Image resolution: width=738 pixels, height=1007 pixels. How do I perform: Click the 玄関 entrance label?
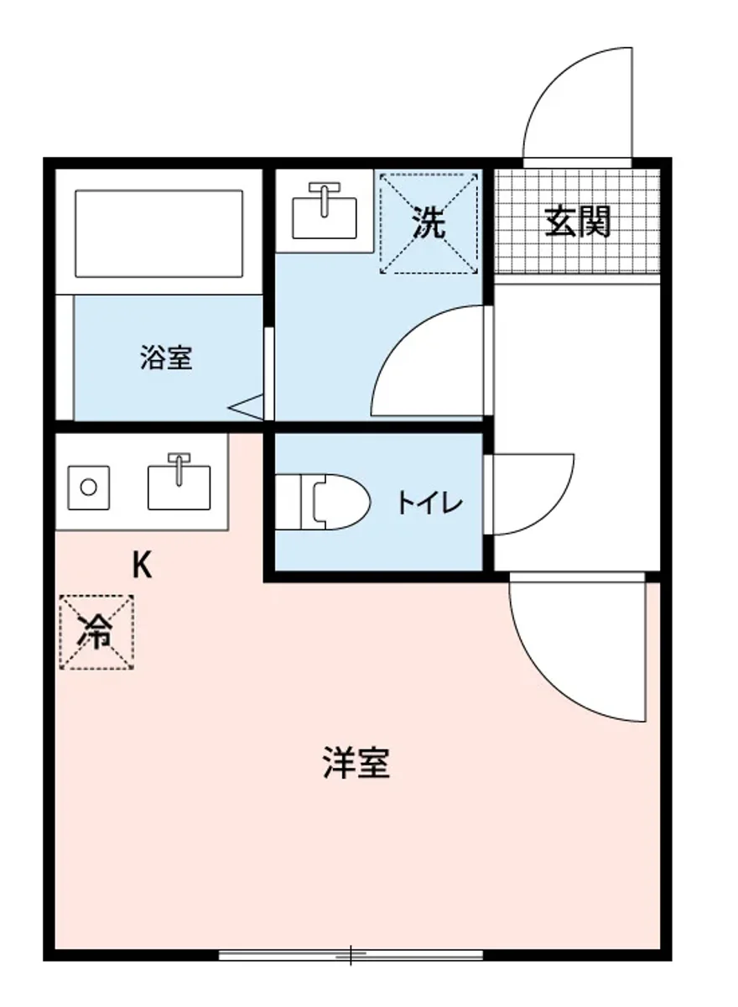tap(578, 222)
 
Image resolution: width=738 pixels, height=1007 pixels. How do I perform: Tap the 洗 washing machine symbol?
tap(429, 223)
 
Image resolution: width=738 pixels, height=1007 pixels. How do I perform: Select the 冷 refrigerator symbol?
tap(97, 632)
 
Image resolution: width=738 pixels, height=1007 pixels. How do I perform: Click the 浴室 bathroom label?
tap(166, 358)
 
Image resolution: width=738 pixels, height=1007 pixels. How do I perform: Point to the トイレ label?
tap(429, 503)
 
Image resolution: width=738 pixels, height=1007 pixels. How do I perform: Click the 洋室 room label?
tap(356, 763)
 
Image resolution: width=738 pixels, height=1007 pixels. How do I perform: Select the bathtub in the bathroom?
tap(159, 232)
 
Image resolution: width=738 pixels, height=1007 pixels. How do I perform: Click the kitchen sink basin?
tap(179, 487)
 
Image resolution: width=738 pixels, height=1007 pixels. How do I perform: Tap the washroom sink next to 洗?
tap(324, 213)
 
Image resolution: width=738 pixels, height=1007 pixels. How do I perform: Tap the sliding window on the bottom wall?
tap(351, 954)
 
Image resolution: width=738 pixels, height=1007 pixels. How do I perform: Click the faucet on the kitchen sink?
tap(178, 467)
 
